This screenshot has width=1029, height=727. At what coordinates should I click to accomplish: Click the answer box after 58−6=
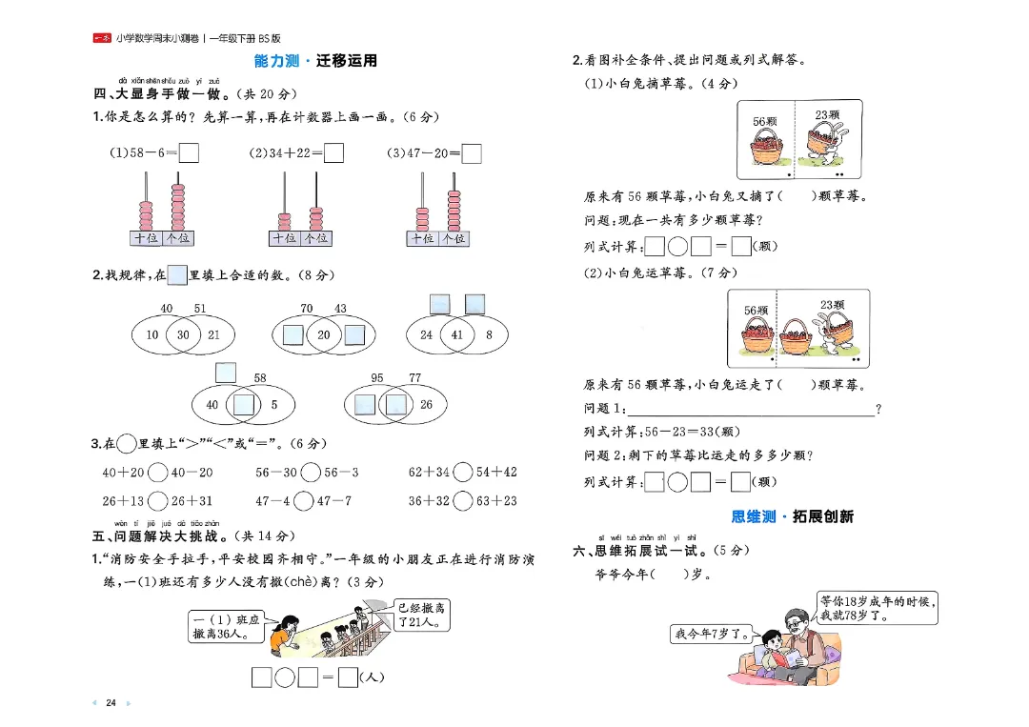pyautogui.click(x=189, y=152)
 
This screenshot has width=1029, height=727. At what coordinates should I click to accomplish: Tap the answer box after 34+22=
pyautogui.click(x=333, y=152)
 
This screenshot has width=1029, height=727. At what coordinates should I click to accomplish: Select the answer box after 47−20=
pyautogui.click(x=472, y=152)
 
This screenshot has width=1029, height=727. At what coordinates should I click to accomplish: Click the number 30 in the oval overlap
pyautogui.click(x=183, y=334)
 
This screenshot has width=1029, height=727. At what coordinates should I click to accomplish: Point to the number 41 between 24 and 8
pyautogui.click(x=456, y=334)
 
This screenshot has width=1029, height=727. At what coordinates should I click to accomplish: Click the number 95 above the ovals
pyautogui.click(x=377, y=378)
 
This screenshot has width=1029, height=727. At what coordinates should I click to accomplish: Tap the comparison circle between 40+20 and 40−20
pyautogui.click(x=158, y=472)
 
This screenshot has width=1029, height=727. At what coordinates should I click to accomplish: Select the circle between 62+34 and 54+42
pyautogui.click(x=463, y=472)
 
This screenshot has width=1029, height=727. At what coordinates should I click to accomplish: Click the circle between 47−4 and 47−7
pyautogui.click(x=303, y=500)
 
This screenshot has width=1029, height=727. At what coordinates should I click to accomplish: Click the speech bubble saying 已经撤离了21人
pyautogui.click(x=422, y=615)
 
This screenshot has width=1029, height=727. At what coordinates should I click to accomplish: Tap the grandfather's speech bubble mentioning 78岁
pyautogui.click(x=878, y=608)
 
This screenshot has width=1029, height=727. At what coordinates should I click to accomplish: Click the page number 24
pyautogui.click(x=111, y=703)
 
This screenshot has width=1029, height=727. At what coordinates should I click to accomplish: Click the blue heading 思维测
pyautogui.click(x=753, y=516)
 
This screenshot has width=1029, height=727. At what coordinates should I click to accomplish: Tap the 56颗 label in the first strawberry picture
pyautogui.click(x=766, y=121)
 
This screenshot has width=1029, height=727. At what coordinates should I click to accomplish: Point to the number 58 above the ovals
pyautogui.click(x=260, y=378)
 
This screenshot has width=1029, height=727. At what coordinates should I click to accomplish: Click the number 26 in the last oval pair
pyautogui.click(x=426, y=404)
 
